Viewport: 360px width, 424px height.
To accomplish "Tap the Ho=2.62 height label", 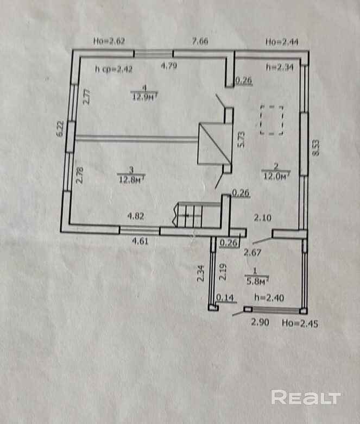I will (109, 40).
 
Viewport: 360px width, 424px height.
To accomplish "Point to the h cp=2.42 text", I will (113, 69).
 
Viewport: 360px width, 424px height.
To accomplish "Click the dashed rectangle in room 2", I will (271, 120).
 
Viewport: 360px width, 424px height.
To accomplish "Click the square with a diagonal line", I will (213, 143).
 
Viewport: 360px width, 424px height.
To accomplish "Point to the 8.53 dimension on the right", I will (316, 148).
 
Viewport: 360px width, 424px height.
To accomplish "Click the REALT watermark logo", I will (306, 397).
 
